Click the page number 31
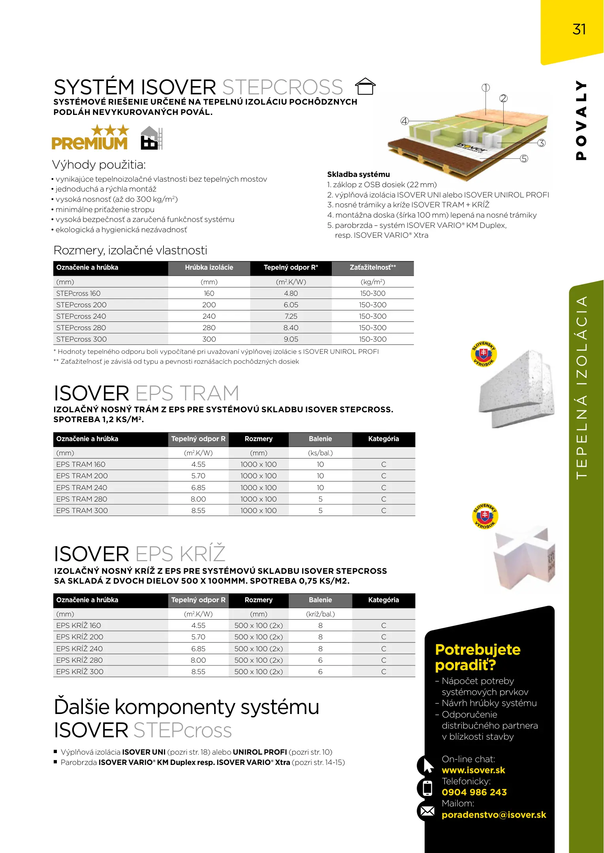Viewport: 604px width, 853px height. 579,29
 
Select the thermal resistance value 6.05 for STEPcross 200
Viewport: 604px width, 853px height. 291,305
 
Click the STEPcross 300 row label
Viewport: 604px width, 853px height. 81,339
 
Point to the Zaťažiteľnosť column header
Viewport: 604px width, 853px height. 373,268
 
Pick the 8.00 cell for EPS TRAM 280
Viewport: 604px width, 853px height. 198,499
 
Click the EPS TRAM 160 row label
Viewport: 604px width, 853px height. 81,464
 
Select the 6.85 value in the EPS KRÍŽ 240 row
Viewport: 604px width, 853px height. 198,648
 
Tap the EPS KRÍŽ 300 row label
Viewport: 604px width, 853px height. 80,671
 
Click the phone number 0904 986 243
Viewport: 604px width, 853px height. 474,792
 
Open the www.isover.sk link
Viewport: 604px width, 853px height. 473,770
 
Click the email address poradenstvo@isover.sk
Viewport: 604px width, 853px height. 494,815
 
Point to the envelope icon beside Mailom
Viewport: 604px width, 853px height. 427,811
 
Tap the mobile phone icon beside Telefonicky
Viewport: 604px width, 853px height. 427,788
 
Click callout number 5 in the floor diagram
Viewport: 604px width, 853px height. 524,159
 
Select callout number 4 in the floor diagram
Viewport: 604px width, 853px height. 405,121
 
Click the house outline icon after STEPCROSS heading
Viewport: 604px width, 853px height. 365,86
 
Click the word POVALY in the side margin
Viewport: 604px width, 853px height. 581,120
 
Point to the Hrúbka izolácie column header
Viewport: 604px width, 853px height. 209,268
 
